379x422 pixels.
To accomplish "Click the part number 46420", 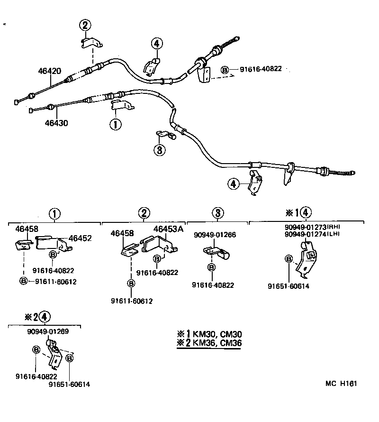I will click(x=49, y=71).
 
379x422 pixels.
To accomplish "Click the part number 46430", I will click(x=56, y=123).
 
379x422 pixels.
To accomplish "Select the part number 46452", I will click(x=80, y=239).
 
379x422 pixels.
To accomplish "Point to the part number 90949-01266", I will click(x=215, y=235).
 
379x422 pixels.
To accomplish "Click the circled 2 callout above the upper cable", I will click(x=85, y=26).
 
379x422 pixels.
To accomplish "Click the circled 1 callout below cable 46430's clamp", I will click(x=116, y=124).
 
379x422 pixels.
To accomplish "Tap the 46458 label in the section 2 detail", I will click(x=122, y=233).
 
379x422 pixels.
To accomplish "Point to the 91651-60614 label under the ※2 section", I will click(x=69, y=385).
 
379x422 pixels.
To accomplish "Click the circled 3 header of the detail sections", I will click(x=217, y=213).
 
